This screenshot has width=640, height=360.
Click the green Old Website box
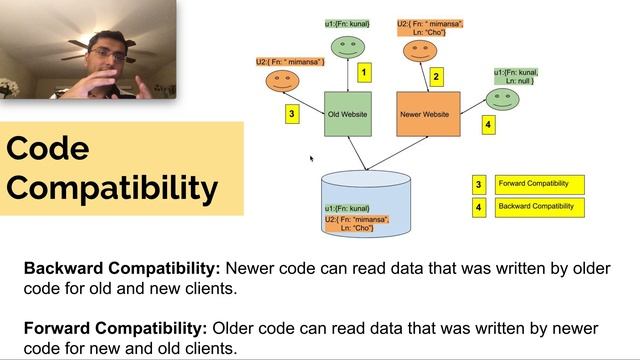click(x=348, y=115)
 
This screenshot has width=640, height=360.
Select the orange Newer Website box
click(x=428, y=115)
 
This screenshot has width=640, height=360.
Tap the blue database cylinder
click(x=366, y=205)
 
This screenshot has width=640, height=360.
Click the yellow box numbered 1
click(x=365, y=72)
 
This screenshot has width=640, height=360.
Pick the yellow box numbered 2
click(x=436, y=76)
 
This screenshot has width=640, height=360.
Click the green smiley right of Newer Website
click(x=501, y=97)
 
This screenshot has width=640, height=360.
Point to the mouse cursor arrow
click(x=312, y=158)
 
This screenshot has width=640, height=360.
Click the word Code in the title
click(x=47, y=149)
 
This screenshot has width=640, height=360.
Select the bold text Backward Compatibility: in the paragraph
click(x=123, y=268)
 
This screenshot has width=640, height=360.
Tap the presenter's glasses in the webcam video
click(x=108, y=56)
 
